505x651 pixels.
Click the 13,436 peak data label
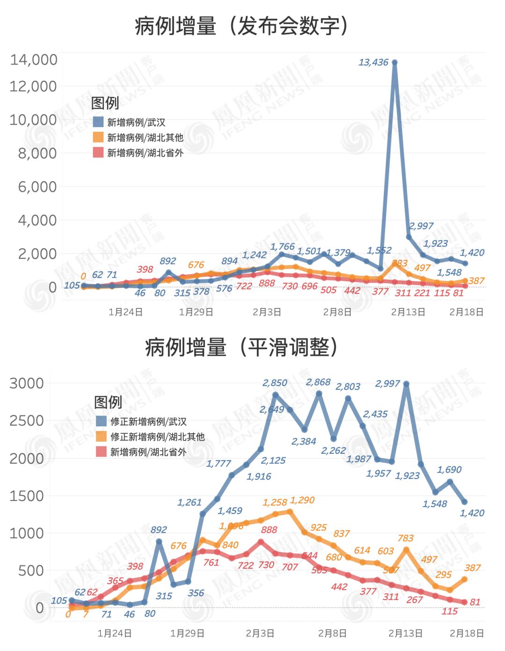[373, 63]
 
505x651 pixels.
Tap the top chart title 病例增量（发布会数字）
[241, 26]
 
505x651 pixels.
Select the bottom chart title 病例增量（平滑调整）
[241, 347]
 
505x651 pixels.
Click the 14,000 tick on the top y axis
[34, 60]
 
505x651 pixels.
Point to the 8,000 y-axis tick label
[37, 153]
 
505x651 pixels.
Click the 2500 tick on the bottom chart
[27, 421]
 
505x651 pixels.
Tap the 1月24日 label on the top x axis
[125, 312]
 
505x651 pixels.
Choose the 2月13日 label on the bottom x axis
[405, 633]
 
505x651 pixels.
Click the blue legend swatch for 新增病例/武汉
[98, 122]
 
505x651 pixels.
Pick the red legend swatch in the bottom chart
[101, 451]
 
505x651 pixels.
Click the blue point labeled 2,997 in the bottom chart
[406, 384]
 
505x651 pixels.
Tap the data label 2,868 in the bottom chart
[318, 382]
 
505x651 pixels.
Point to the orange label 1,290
[302, 500]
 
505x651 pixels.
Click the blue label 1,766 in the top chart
[282, 246]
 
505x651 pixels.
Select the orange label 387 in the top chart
[476, 281]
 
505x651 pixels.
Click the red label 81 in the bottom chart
[475, 602]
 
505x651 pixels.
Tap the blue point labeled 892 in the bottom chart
[159, 542]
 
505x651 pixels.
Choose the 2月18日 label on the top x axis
[466, 312]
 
